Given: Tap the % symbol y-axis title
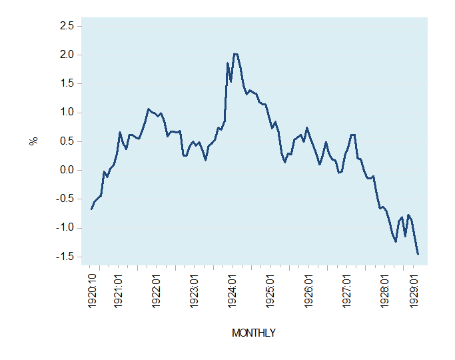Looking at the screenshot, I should point(31,141).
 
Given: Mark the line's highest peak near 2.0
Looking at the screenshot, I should point(235,53).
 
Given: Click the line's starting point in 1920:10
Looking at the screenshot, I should point(92,209).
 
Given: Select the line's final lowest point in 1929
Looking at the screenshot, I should point(418,254).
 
